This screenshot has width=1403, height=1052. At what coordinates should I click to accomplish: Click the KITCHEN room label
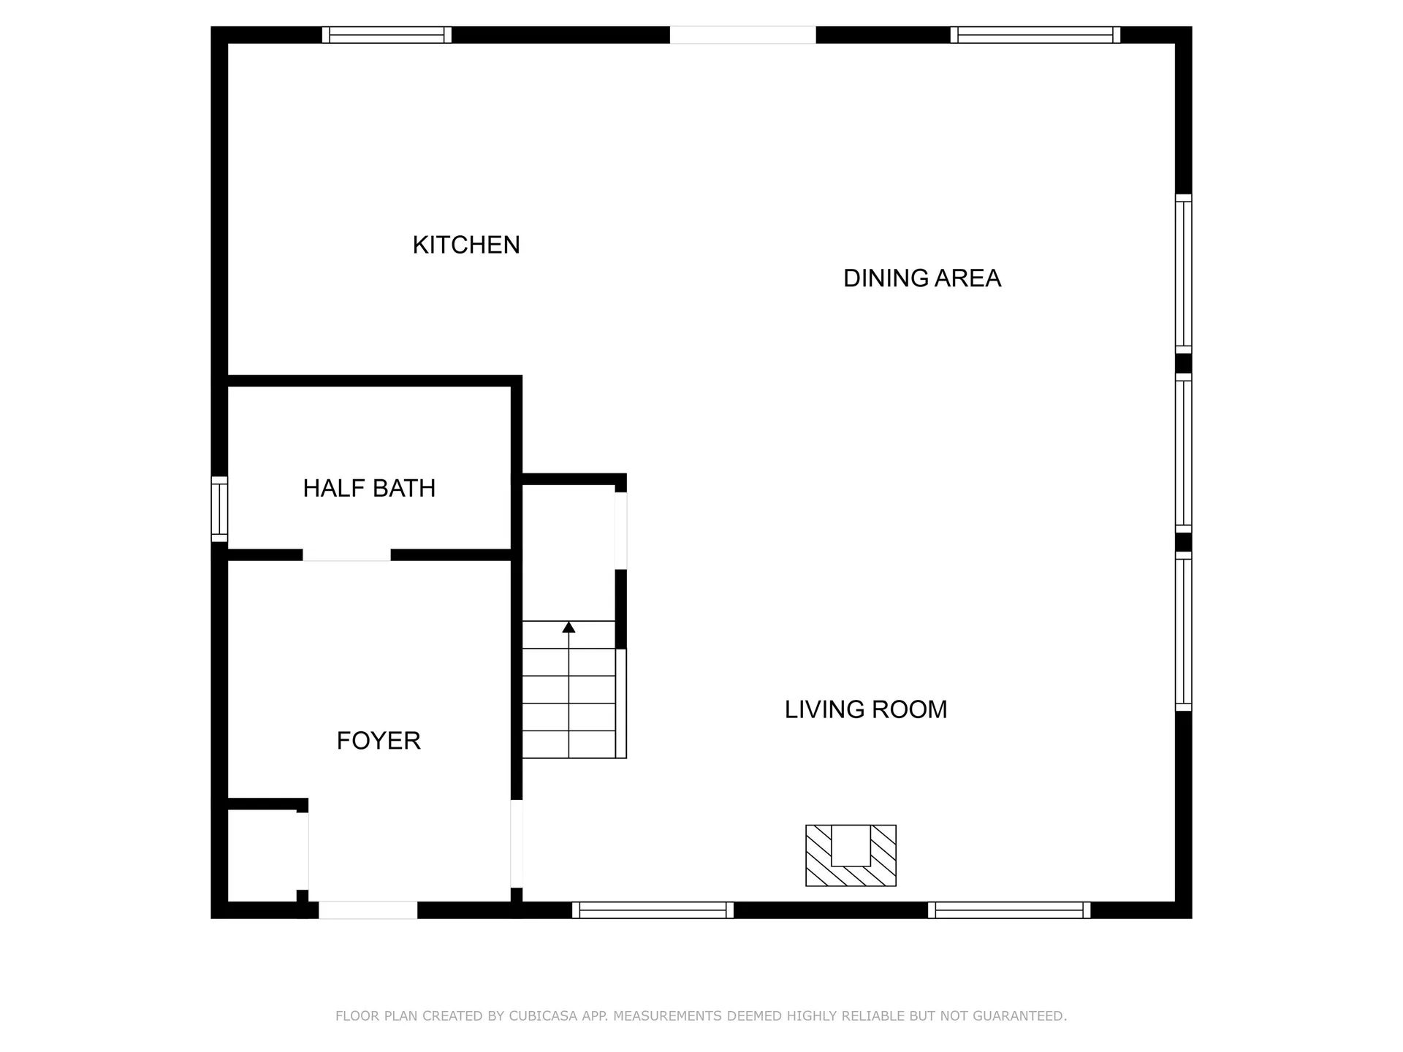point(466,245)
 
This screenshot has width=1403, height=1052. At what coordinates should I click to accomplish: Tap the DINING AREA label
point(921,278)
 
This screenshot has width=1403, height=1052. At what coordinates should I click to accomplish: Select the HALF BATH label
point(369,488)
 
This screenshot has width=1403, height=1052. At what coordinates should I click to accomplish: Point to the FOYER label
point(379,741)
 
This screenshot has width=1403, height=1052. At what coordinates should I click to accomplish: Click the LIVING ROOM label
point(865,709)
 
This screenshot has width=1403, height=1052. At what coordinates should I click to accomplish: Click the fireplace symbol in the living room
point(851,855)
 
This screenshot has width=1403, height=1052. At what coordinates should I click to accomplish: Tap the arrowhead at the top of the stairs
point(569,627)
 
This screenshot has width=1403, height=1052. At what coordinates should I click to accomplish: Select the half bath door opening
point(346,555)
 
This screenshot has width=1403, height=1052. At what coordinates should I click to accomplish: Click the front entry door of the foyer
point(368,910)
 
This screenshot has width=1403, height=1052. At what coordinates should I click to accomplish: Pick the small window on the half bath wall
point(219,509)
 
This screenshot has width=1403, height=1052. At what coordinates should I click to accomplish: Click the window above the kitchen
point(387,35)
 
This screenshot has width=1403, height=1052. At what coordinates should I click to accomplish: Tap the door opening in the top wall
point(742,35)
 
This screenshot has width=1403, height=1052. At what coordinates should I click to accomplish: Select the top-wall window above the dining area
point(1035,35)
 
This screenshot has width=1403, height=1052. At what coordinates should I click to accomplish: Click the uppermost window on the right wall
point(1183,274)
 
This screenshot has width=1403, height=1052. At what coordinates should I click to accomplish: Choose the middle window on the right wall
point(1183,453)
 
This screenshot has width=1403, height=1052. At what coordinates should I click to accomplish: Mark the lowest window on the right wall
point(1183,631)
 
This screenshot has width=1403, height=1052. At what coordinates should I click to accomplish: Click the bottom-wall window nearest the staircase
point(653,910)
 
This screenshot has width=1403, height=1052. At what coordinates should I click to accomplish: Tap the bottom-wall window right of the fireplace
point(1009,910)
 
